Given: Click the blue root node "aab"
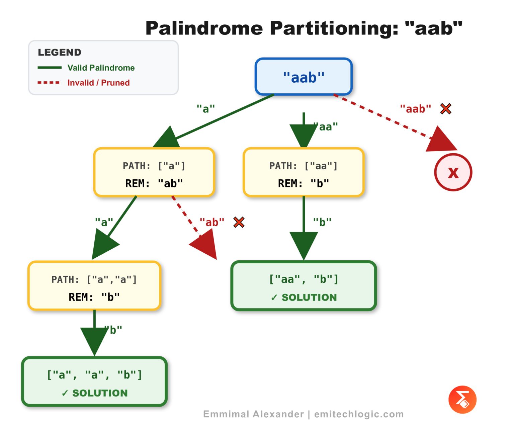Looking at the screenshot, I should click(304, 77).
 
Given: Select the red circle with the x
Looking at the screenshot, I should click(453, 172).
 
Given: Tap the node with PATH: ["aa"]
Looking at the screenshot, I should click(304, 172).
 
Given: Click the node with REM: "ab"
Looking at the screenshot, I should click(154, 172).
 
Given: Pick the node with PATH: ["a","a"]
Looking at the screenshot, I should click(94, 286).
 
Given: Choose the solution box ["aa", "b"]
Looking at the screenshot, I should click(304, 286).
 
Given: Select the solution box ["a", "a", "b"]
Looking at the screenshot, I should click(94, 381).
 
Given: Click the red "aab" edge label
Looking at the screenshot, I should click(416, 109).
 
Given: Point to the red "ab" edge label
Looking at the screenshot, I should click(212, 222).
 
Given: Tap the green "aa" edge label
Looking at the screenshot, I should click(327, 127).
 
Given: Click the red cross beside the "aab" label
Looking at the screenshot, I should click(446, 109).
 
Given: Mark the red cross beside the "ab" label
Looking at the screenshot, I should click(239, 222).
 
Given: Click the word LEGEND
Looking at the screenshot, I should click(60, 53).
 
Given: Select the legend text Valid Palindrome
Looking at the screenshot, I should click(101, 68).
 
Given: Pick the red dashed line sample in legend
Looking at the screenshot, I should click(49, 82).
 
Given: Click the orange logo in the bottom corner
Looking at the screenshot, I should click(462, 400).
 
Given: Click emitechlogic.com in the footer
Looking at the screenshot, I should click(359, 414).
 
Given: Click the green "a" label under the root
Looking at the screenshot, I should click(205, 109).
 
